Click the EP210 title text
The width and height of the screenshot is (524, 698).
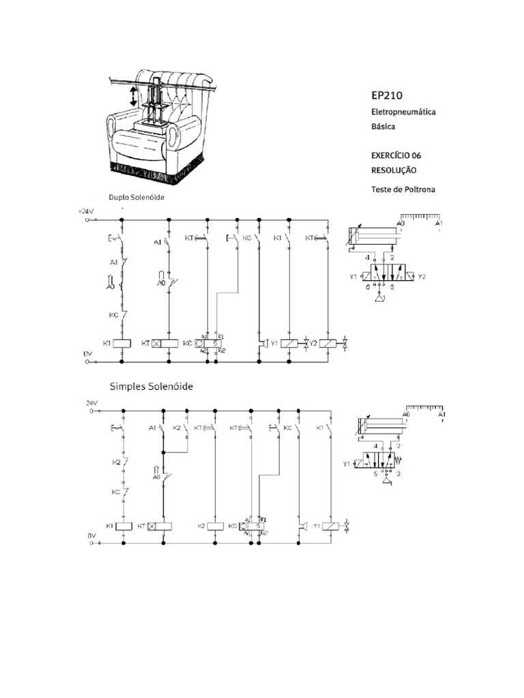(x=387, y=95)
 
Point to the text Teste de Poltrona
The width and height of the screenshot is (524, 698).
(x=403, y=189)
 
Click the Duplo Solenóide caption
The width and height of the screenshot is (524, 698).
(x=137, y=197)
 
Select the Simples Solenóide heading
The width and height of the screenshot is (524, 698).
(x=151, y=386)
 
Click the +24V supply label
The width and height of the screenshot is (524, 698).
(x=85, y=212)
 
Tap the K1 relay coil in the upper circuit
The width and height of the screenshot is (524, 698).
(x=121, y=344)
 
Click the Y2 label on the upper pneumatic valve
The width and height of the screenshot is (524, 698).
(x=422, y=277)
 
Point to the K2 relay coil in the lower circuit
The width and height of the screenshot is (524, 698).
(x=215, y=526)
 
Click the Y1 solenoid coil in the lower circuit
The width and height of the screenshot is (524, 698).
(x=332, y=526)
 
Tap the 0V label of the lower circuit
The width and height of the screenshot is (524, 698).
(x=89, y=536)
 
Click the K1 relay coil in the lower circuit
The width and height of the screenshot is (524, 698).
(x=123, y=526)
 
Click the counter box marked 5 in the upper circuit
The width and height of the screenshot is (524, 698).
(x=215, y=344)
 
